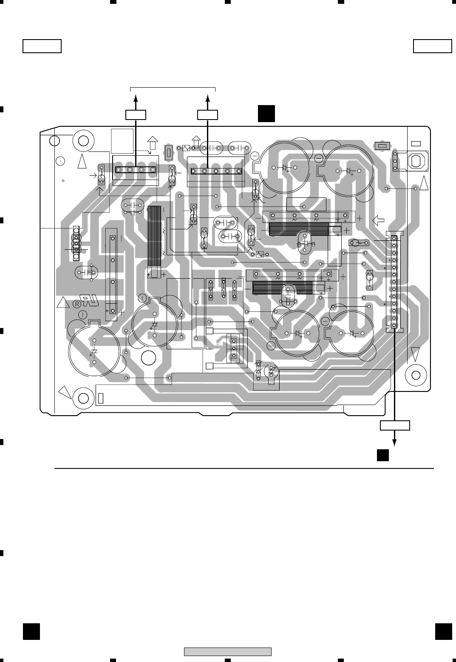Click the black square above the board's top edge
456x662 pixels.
[x=266, y=113]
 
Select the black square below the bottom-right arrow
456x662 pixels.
[x=382, y=455]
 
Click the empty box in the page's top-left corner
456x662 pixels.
[x=42, y=46]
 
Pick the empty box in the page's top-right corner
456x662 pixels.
[x=433, y=46]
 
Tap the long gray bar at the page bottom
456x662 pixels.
[x=227, y=651]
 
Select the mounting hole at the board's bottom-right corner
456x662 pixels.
[x=416, y=375]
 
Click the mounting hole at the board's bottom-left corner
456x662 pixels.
[x=83, y=398]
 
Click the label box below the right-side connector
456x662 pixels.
[x=395, y=425]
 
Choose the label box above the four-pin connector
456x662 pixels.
[x=136, y=115]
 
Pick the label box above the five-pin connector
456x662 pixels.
[x=208, y=115]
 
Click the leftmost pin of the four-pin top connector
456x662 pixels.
[x=119, y=170]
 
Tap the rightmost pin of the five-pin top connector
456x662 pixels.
[x=239, y=171]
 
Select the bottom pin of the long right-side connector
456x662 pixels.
[x=394, y=326]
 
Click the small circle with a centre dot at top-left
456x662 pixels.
[x=60, y=161]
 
